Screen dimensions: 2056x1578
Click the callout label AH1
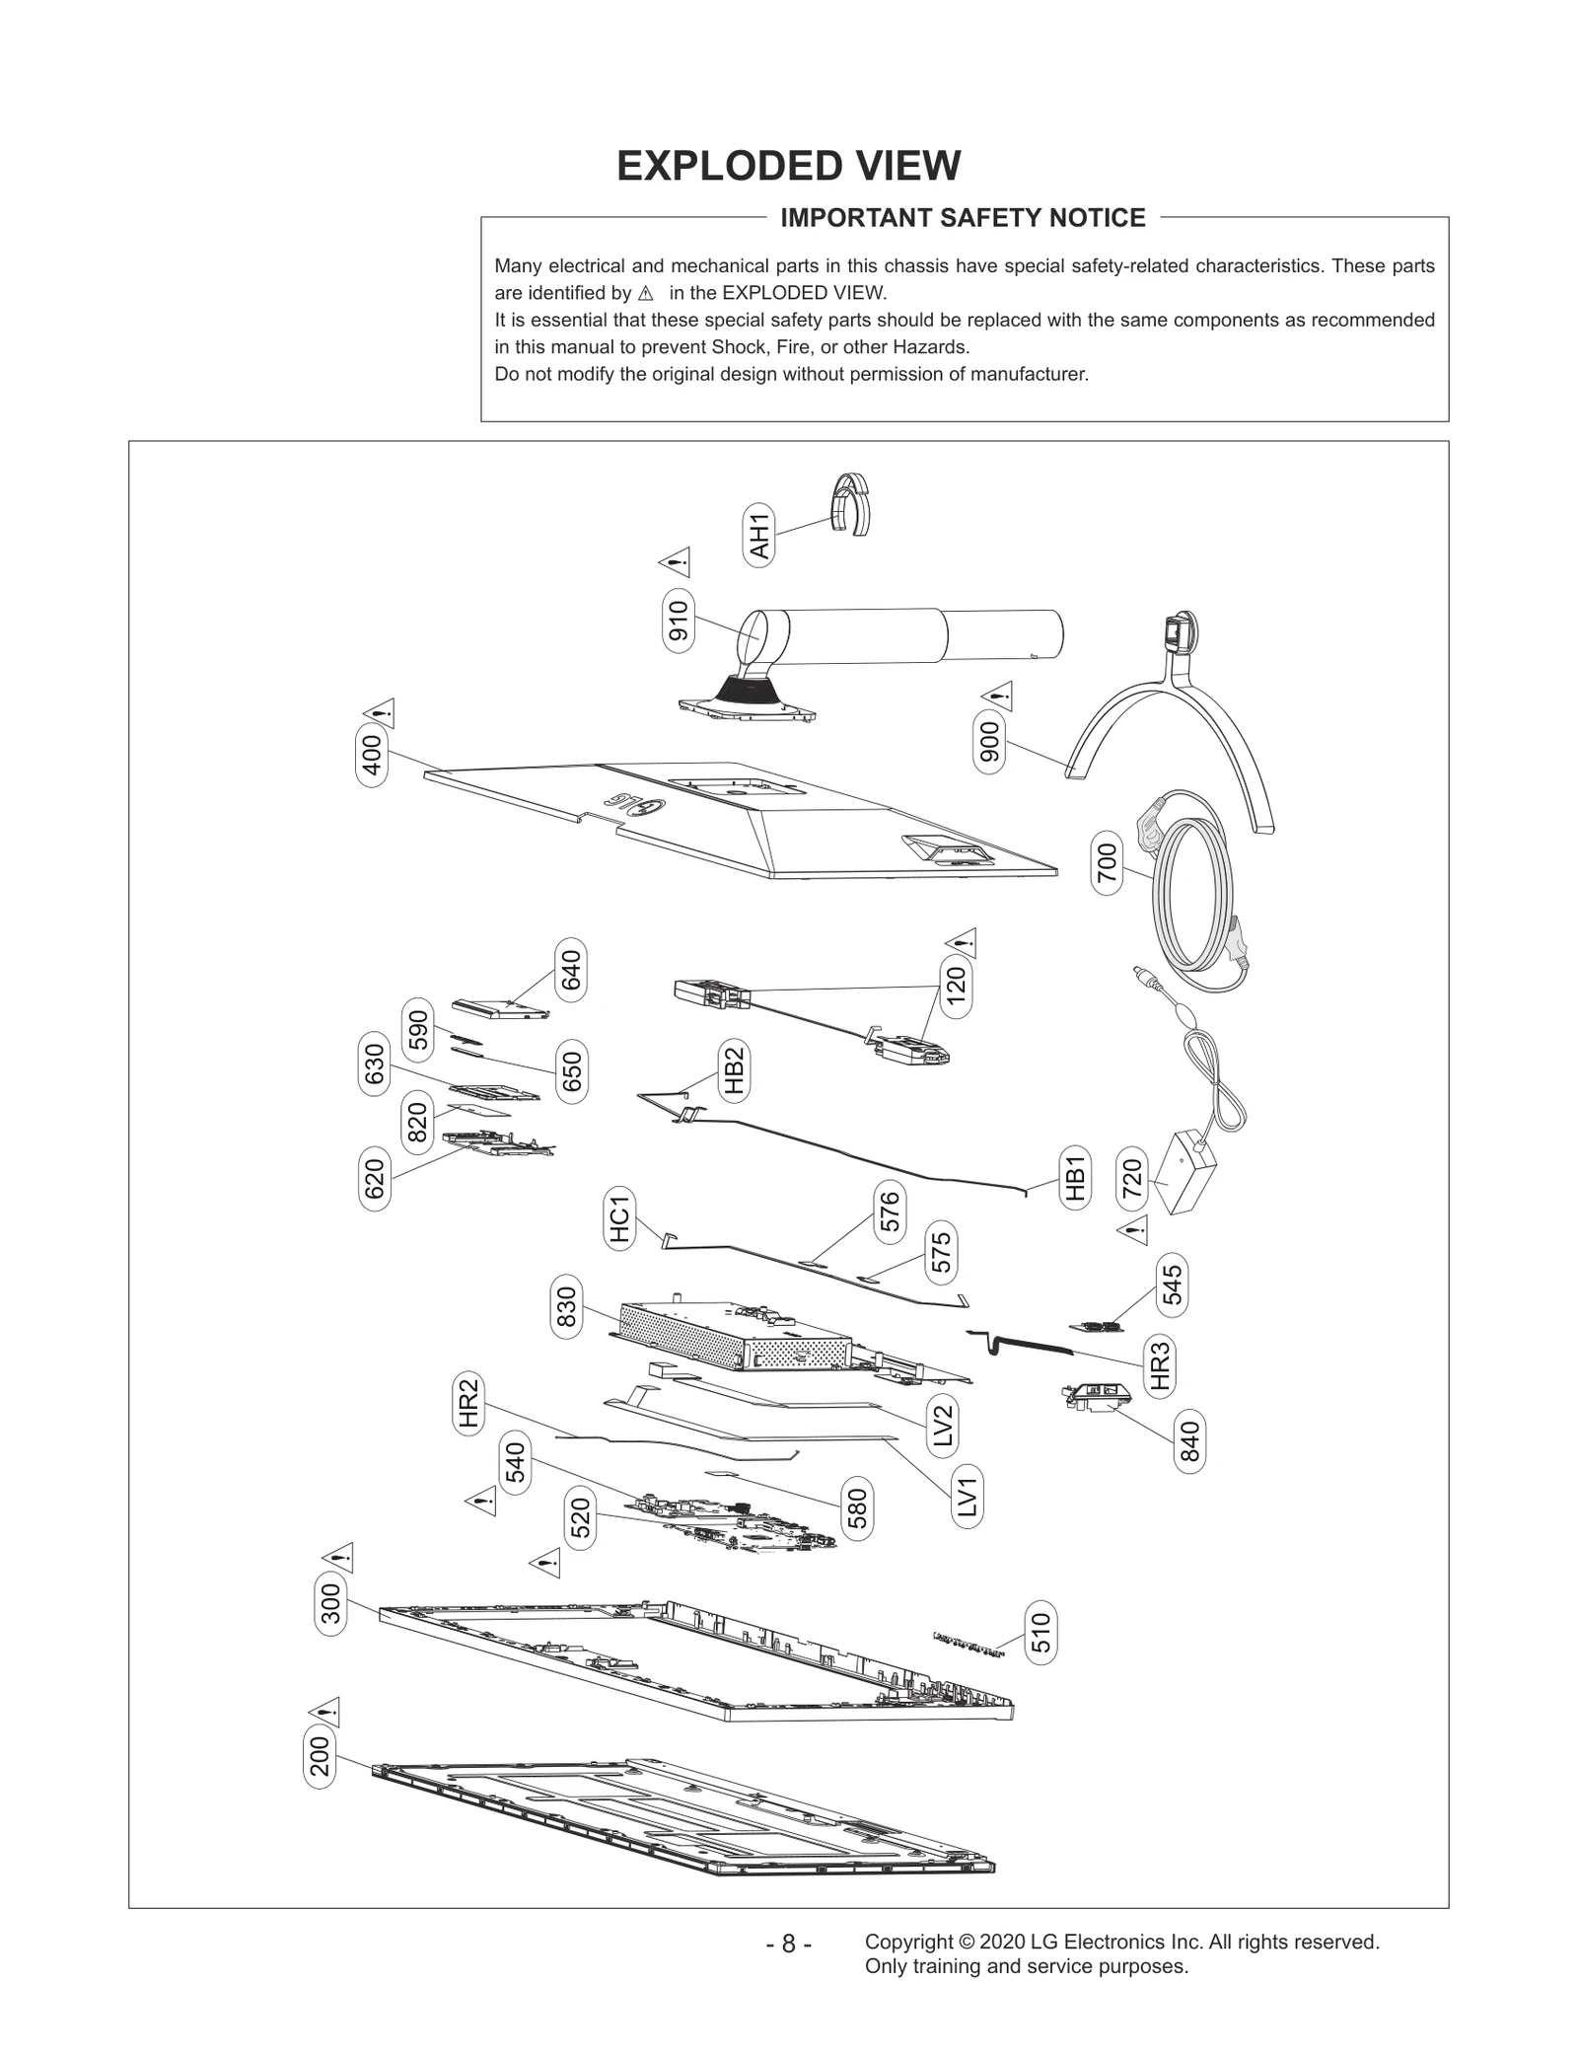pos(758,534)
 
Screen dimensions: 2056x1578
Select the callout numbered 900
pos(989,742)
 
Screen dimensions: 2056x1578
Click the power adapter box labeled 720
pos(1186,1175)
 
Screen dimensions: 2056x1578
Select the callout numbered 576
pos(889,1212)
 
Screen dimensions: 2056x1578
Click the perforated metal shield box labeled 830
pos(690,1333)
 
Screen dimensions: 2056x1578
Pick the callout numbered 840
pos(1189,1441)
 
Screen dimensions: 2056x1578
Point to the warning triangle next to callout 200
pos(324,1711)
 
